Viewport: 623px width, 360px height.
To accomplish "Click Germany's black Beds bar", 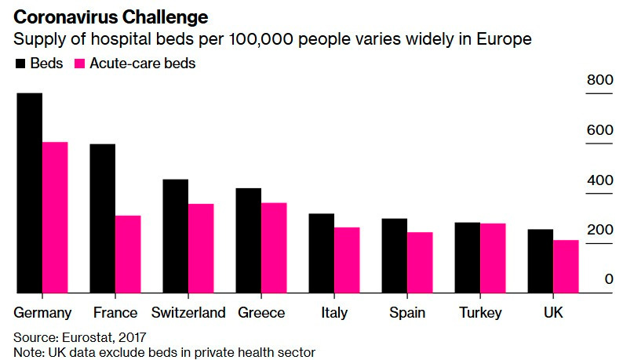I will coord(29,193).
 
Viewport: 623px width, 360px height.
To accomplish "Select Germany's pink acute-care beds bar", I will coord(55,217).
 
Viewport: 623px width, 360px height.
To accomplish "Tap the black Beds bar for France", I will coord(102,219).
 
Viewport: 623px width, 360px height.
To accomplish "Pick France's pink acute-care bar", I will coord(128,254).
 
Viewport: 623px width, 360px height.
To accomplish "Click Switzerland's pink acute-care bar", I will coord(201,249).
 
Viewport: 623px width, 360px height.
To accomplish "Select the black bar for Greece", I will coord(248,241).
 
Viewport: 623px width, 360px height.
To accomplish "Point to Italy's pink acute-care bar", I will coord(346,260).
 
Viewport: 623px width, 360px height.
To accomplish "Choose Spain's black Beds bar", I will coord(394,256).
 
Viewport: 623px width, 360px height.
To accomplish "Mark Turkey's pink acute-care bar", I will coord(492,258).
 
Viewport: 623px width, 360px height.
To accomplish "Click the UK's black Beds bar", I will coord(540,261).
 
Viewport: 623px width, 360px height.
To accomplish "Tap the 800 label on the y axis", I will coord(599,80).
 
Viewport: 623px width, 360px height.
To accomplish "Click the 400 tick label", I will coord(599,180).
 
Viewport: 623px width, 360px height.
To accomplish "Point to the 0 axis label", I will coord(609,279).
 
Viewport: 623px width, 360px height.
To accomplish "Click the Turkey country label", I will coord(481,313).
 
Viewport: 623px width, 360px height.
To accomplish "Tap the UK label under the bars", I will coord(553,313).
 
